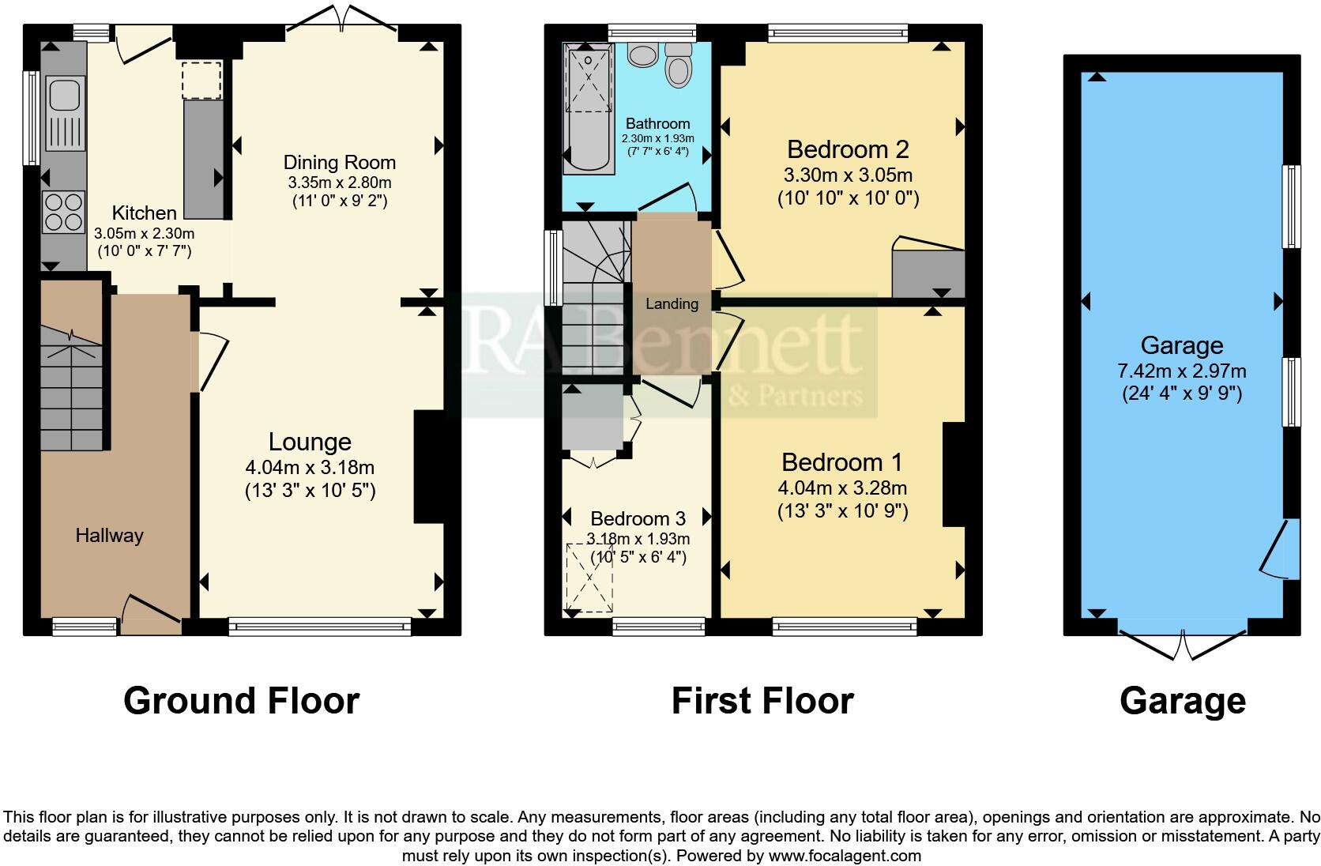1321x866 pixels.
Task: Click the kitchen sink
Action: [62, 95]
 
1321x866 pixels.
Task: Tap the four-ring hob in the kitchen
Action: [63, 211]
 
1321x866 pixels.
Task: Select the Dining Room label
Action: [339, 163]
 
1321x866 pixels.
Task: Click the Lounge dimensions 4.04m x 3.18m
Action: [310, 467]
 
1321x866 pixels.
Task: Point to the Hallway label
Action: [109, 536]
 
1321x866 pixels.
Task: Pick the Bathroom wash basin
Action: [643, 55]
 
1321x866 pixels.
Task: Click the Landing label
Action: [672, 303]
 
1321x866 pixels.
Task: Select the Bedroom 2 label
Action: [847, 149]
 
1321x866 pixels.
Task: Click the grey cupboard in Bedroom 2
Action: [928, 273]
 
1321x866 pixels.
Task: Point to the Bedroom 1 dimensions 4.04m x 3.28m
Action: [842, 488]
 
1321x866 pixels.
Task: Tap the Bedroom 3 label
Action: [638, 519]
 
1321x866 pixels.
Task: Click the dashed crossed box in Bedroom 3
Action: [589, 578]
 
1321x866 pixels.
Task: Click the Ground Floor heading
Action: [241, 701]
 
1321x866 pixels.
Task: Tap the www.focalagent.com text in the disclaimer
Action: [845, 855]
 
